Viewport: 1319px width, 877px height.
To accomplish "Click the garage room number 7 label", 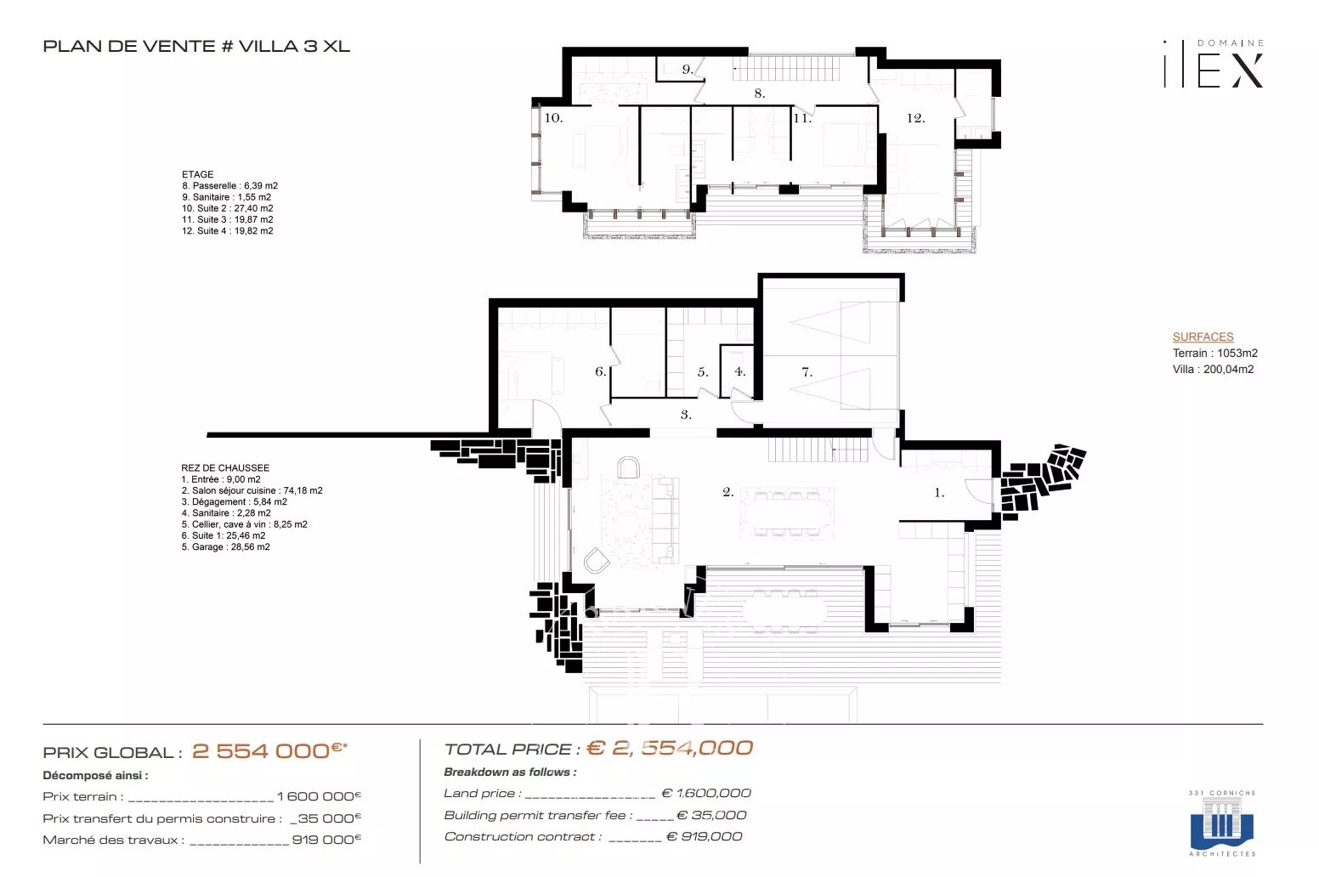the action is (x=807, y=371).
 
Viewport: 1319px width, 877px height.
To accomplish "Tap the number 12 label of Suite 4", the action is (x=915, y=118).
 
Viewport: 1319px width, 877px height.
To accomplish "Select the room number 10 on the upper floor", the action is (x=553, y=118).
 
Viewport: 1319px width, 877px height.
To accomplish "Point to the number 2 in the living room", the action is (x=727, y=492).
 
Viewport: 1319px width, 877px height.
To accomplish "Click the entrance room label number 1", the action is (x=939, y=492).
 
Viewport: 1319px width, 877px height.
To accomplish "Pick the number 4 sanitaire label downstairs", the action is (x=739, y=371).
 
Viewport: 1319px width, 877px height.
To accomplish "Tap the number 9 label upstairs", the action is (x=688, y=70).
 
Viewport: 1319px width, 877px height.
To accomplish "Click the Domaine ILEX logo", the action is (x=1214, y=64).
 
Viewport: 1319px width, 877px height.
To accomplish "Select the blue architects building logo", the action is (x=1222, y=823).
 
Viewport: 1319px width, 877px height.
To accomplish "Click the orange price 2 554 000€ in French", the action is (x=269, y=750).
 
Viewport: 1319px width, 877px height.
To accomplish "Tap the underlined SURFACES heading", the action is (x=1203, y=337).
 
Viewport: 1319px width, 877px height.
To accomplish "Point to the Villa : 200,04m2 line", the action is (x=1213, y=370).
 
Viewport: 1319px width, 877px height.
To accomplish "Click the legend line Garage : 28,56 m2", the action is (x=225, y=546).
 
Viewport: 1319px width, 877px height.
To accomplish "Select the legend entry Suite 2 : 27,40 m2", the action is (x=227, y=208).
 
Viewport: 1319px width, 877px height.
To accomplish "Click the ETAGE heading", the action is (x=198, y=174).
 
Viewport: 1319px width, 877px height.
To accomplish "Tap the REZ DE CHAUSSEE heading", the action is (x=225, y=467).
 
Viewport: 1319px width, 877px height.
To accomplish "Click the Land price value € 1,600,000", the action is (x=706, y=794).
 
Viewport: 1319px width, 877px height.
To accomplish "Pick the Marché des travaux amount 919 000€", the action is (x=326, y=840).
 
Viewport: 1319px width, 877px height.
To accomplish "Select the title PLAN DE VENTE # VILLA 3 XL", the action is (x=196, y=46).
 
